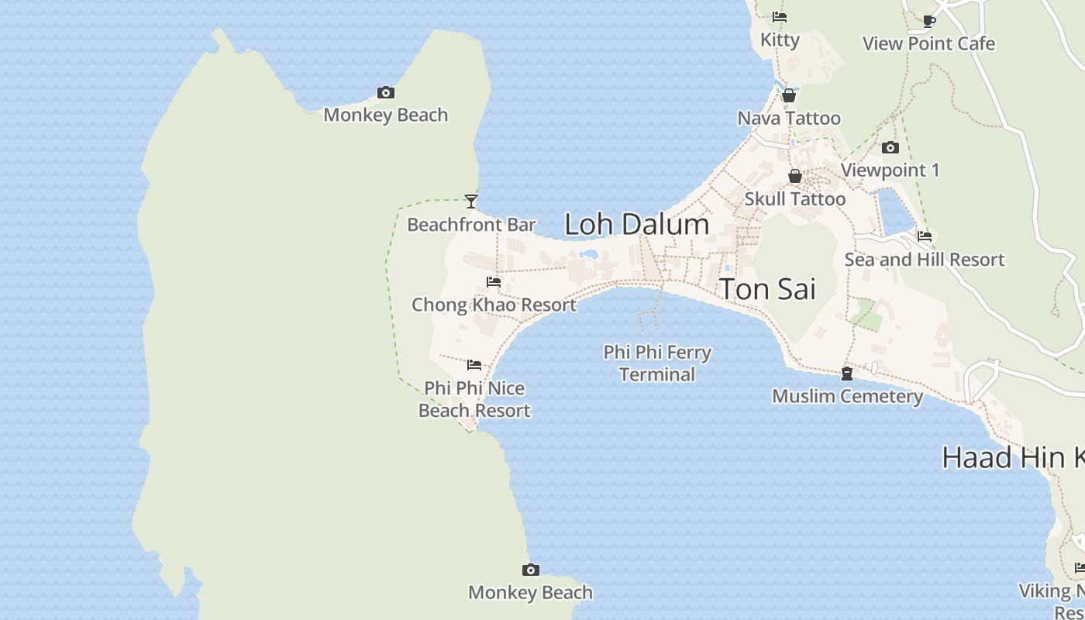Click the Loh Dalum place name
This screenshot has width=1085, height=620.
636,225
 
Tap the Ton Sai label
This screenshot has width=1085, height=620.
768,289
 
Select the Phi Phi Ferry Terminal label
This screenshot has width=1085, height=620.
657,363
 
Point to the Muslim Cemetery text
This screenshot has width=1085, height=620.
847,397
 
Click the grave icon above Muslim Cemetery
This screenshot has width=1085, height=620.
846,374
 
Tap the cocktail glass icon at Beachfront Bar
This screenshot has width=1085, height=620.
470,201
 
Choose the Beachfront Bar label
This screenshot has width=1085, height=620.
471,226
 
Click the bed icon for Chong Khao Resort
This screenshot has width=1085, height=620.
493,282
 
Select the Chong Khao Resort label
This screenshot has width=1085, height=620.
494,305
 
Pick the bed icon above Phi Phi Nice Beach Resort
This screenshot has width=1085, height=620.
474,365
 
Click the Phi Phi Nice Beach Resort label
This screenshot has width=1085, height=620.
474,399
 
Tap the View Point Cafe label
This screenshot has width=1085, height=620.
928,43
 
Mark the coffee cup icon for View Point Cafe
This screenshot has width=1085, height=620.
928,21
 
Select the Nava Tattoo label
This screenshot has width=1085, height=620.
788,119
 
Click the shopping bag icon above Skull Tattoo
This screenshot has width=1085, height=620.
794,176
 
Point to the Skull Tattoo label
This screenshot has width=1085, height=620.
794,199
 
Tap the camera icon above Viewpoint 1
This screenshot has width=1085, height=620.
890,147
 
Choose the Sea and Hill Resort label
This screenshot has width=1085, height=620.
924,260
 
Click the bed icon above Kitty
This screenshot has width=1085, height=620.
780,17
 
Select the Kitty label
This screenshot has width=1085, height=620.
780,40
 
